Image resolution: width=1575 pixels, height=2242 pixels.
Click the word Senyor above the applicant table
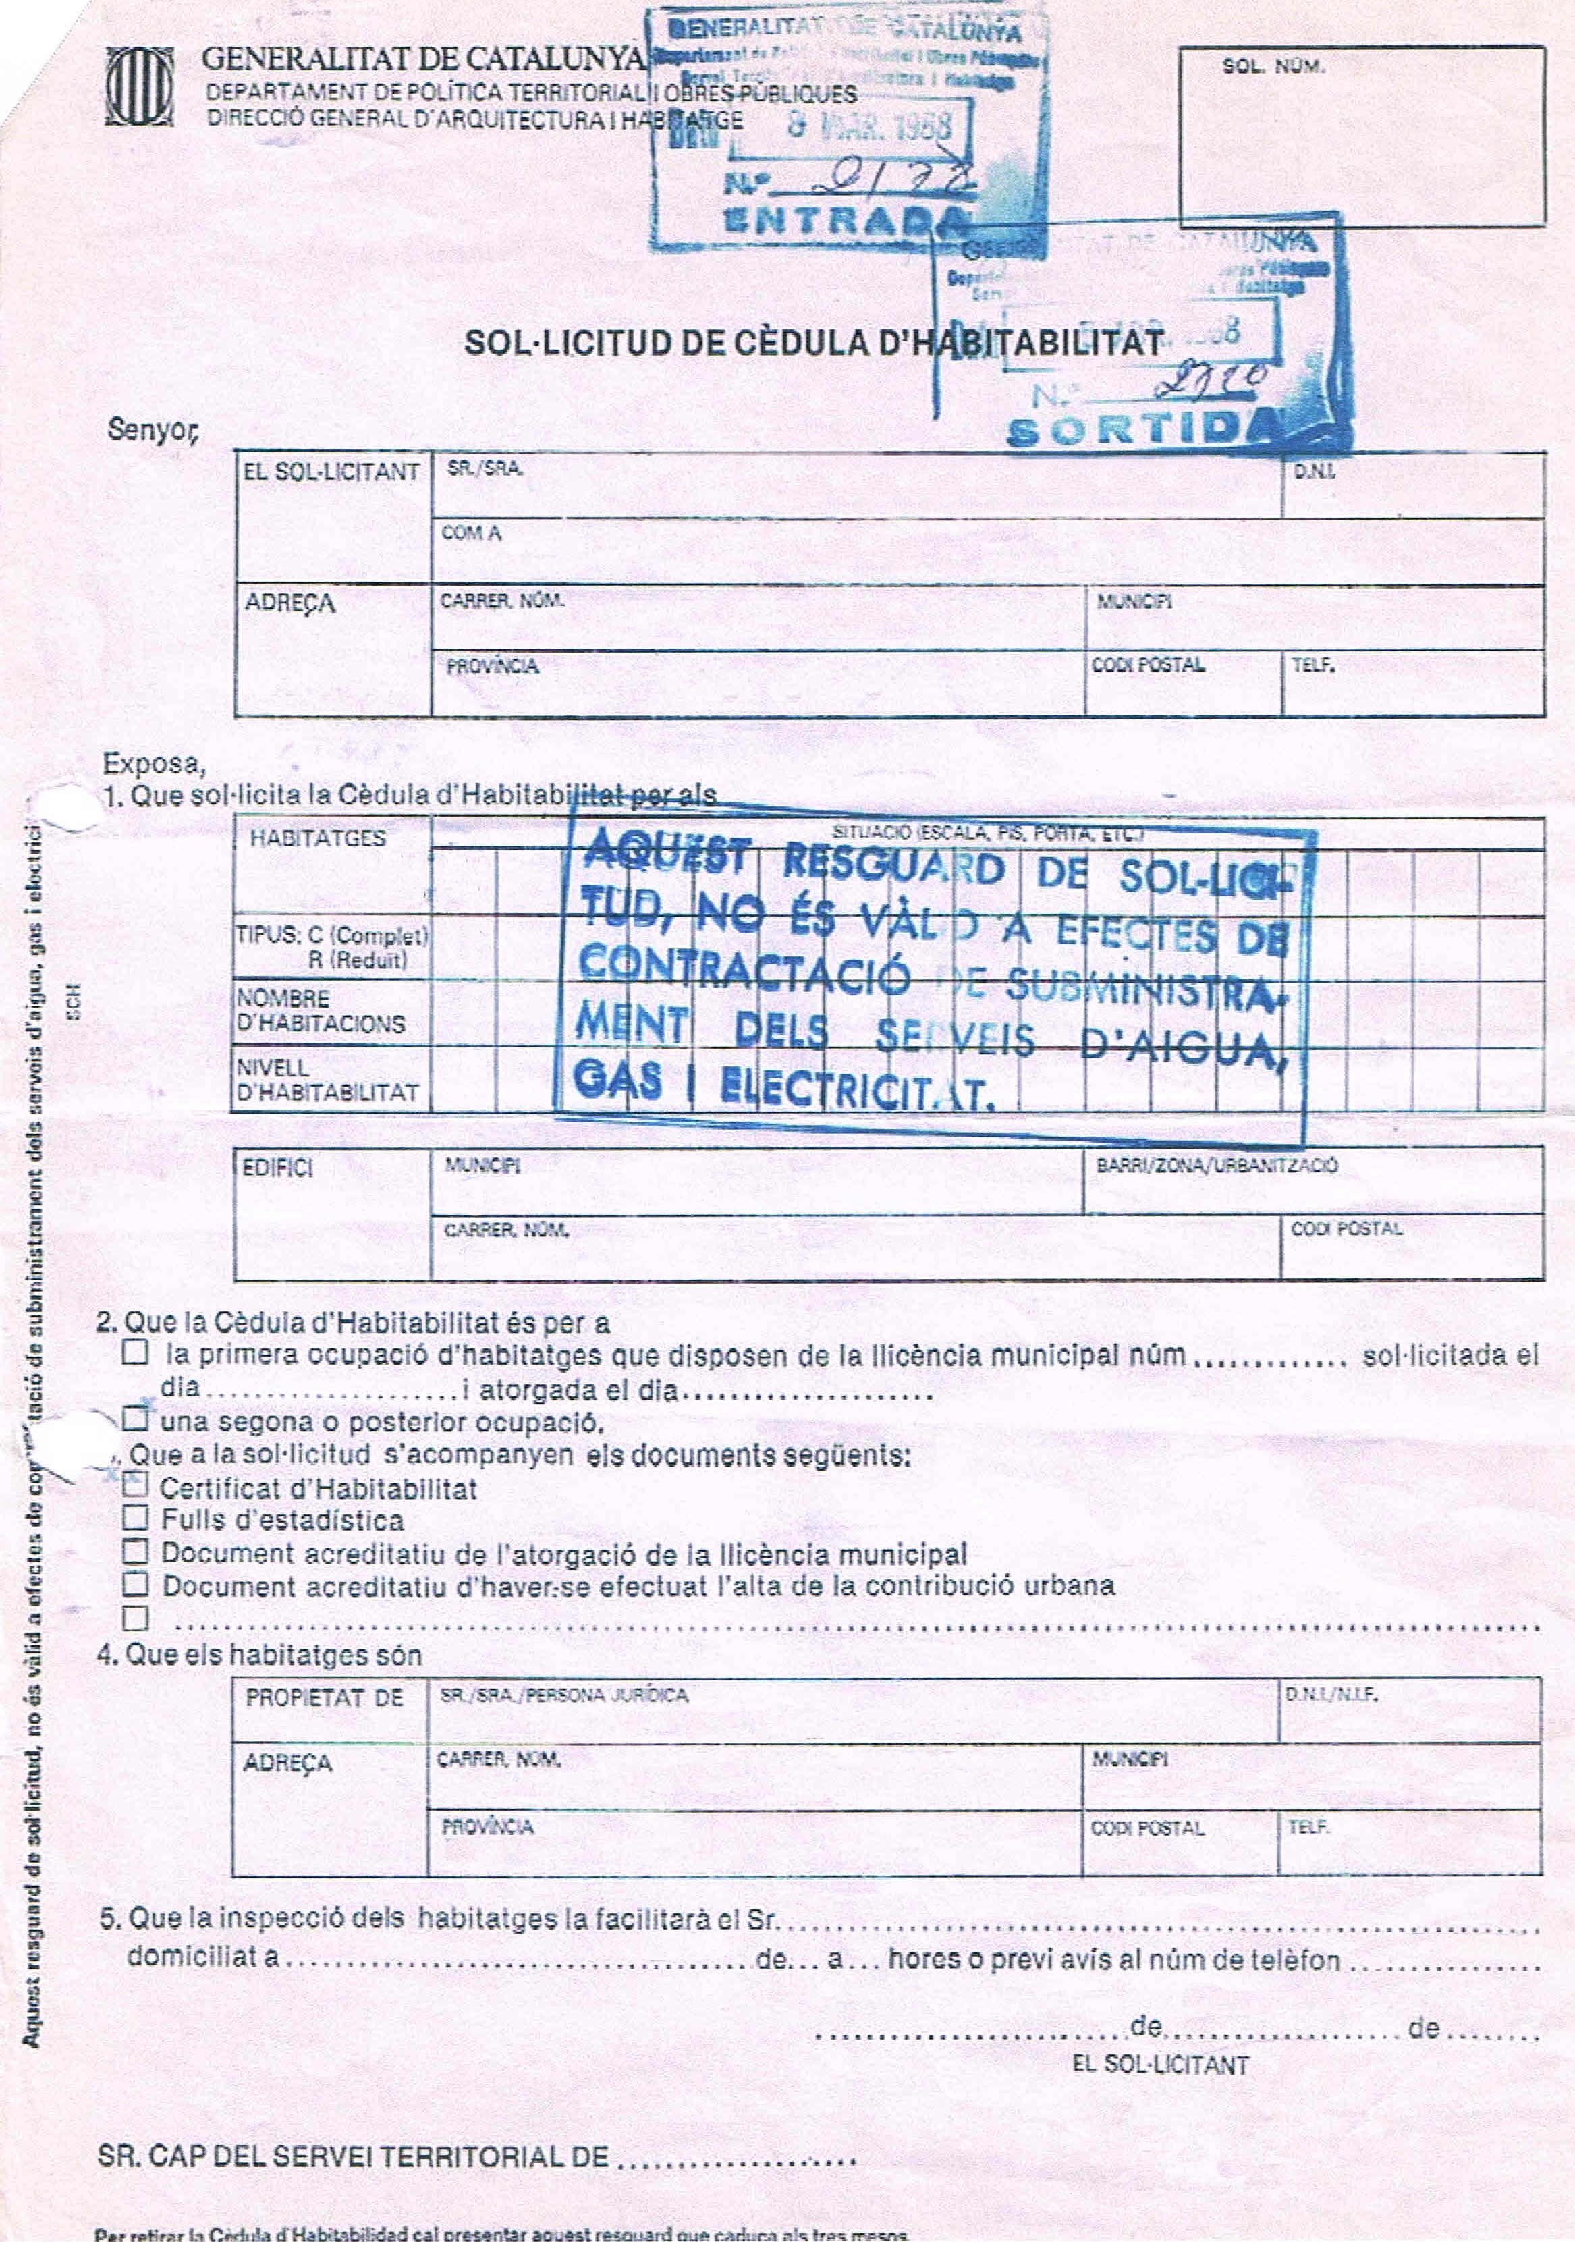[153, 430]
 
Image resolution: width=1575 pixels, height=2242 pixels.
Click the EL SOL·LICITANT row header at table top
[331, 472]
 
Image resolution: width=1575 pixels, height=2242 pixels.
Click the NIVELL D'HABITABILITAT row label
[327, 1080]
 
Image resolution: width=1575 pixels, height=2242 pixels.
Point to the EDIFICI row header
[277, 1168]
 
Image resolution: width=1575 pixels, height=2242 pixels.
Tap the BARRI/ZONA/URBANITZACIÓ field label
[1216, 1166]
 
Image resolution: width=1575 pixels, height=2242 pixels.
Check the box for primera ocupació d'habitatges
[136, 1353]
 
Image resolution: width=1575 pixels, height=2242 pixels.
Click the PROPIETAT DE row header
[324, 1697]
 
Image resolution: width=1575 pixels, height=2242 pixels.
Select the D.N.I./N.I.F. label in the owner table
[1331, 1695]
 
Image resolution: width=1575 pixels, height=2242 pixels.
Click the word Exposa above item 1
[155, 763]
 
